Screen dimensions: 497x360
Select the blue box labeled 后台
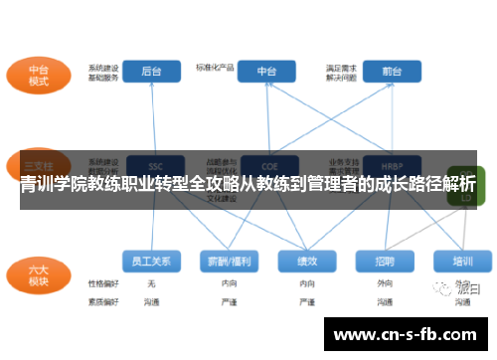point(151,72)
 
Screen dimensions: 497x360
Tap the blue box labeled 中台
point(267,72)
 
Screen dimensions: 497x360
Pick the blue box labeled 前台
point(391,72)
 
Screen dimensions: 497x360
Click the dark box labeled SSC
point(155,165)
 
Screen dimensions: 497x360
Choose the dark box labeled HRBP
point(391,165)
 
